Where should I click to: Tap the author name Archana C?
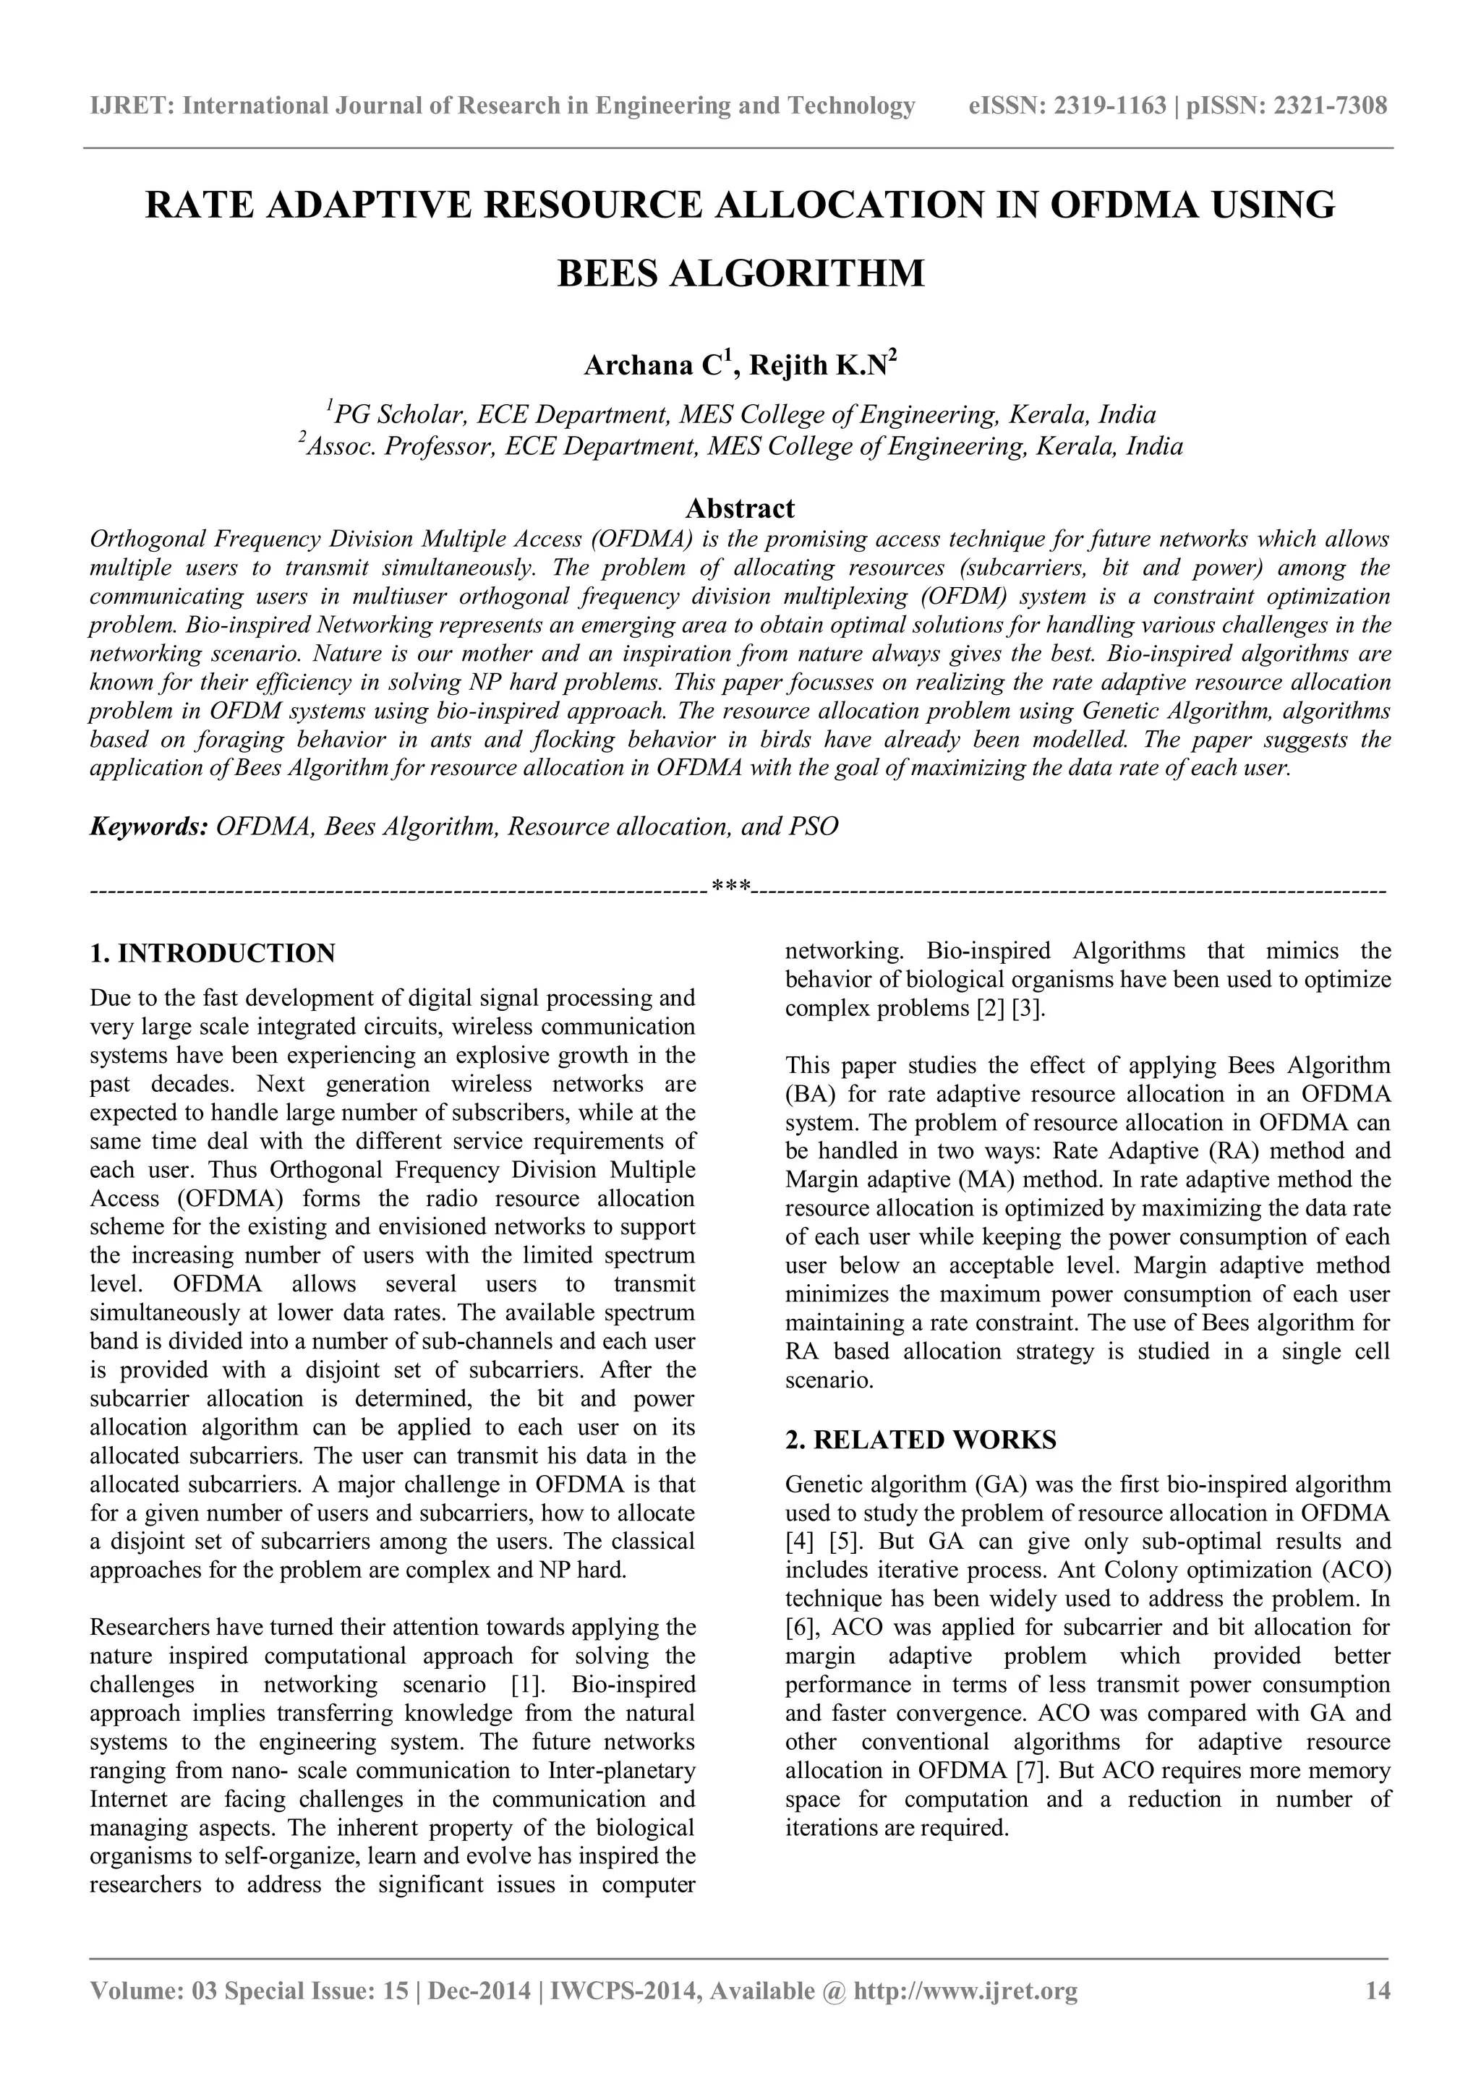(x=653, y=366)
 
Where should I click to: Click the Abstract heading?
(x=740, y=508)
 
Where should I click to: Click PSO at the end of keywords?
(x=814, y=827)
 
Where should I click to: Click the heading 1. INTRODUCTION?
(x=213, y=954)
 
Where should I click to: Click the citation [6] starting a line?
(x=803, y=1628)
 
